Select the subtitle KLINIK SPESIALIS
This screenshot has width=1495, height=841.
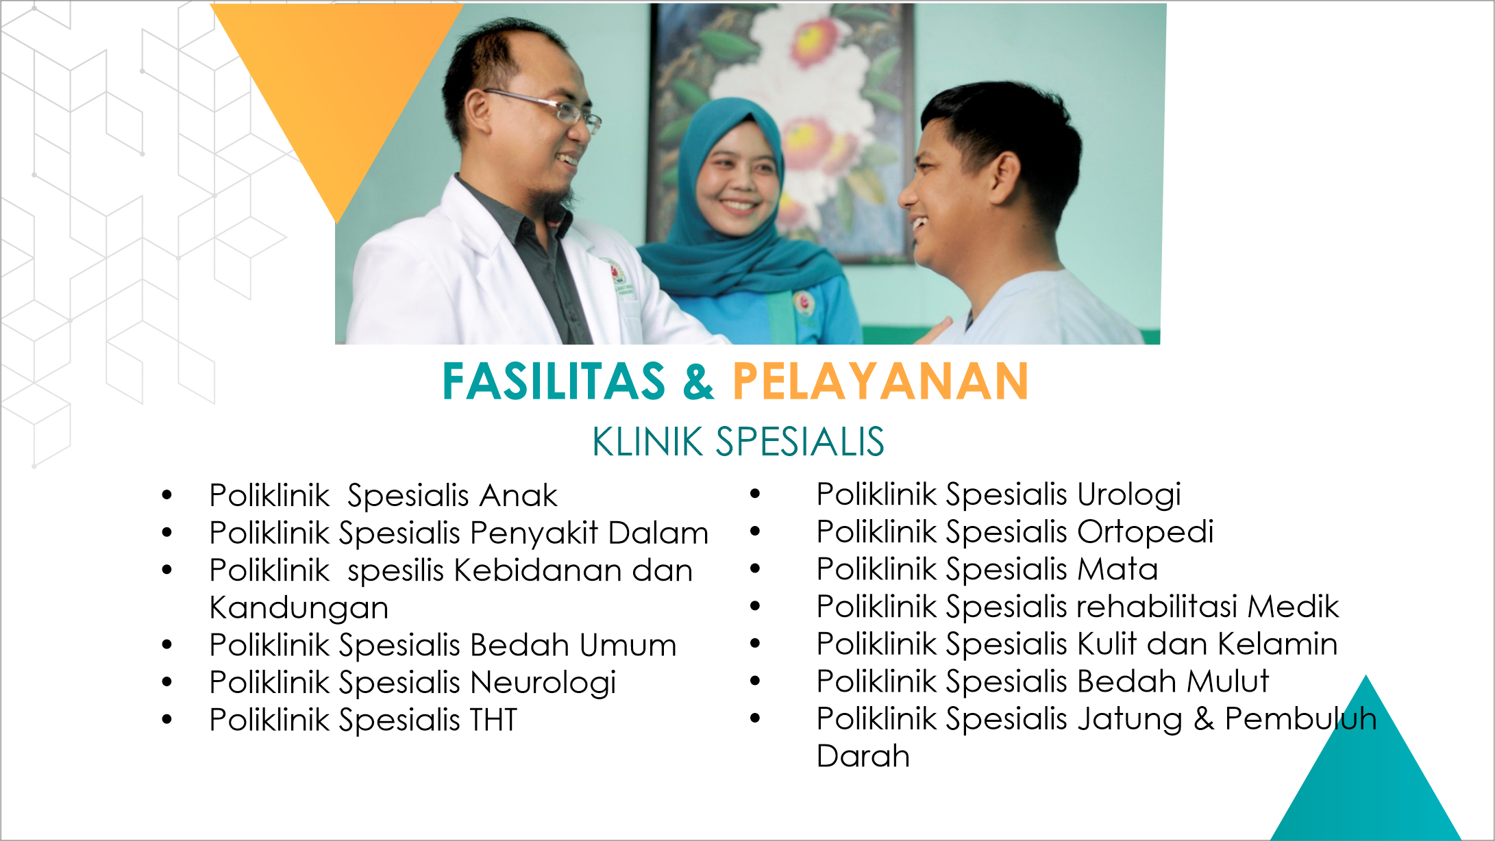coord(738,441)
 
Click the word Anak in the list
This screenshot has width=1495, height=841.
coord(519,495)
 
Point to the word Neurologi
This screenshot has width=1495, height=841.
coord(543,683)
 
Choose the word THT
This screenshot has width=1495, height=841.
coord(493,720)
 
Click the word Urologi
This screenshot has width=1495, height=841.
coord(1129,495)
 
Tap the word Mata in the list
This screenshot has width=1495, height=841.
coord(1118,569)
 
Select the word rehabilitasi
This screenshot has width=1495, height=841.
coord(1158,606)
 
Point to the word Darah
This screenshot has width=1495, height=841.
coord(863,756)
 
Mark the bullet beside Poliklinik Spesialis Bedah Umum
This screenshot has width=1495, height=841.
coord(167,644)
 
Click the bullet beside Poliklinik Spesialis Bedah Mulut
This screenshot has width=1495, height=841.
coord(755,681)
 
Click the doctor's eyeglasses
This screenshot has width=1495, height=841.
coord(547,108)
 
